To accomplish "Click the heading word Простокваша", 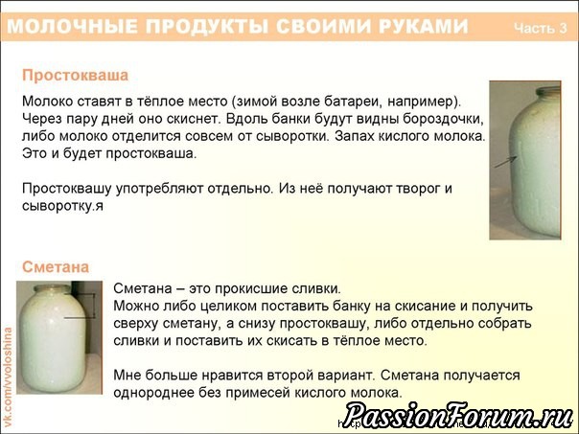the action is [76, 76].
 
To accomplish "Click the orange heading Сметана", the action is [56, 267].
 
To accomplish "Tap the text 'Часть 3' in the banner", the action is [541, 28].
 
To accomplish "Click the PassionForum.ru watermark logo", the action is [459, 416].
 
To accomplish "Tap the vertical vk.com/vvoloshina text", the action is [8, 377].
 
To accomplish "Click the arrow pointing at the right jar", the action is [505, 162].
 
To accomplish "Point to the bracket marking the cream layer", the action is [94, 306].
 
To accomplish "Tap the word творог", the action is [420, 189].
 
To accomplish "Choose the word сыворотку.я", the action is [62, 206].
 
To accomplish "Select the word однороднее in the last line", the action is [153, 393].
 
